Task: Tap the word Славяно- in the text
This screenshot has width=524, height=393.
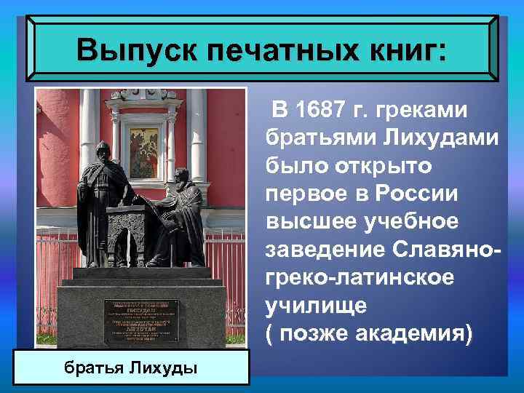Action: point(441,250)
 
